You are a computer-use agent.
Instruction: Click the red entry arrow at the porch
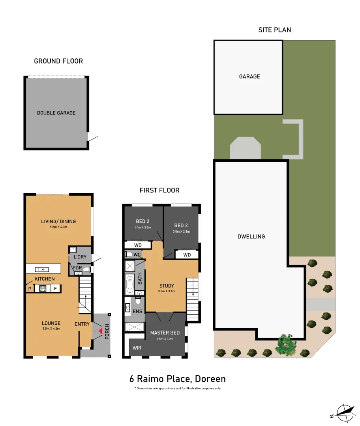click(x=101, y=331)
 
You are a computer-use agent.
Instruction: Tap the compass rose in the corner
click(x=344, y=413)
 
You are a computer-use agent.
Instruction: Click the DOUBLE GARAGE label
click(x=56, y=113)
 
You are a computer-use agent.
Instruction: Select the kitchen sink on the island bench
click(x=42, y=269)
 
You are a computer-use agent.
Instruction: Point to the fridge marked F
click(x=56, y=288)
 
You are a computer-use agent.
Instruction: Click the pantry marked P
click(x=30, y=288)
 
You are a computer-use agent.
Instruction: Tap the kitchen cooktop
click(x=43, y=288)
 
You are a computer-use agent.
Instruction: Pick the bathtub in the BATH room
click(x=130, y=284)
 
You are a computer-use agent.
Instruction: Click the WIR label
click(x=137, y=348)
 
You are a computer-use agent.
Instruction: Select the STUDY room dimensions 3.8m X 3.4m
click(x=167, y=291)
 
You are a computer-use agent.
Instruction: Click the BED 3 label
click(x=181, y=226)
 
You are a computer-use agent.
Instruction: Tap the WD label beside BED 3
click(x=187, y=255)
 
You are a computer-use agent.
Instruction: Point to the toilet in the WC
click(x=128, y=254)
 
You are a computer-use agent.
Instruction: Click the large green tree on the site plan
click(x=286, y=345)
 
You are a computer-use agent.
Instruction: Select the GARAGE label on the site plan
click(x=249, y=77)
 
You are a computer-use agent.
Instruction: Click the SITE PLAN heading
click(x=275, y=30)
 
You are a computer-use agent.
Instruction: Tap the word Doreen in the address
click(x=210, y=379)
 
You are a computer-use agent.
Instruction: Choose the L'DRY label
click(x=80, y=257)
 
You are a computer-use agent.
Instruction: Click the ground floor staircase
click(x=85, y=295)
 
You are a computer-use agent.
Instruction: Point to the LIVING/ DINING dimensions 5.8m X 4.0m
click(x=58, y=227)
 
